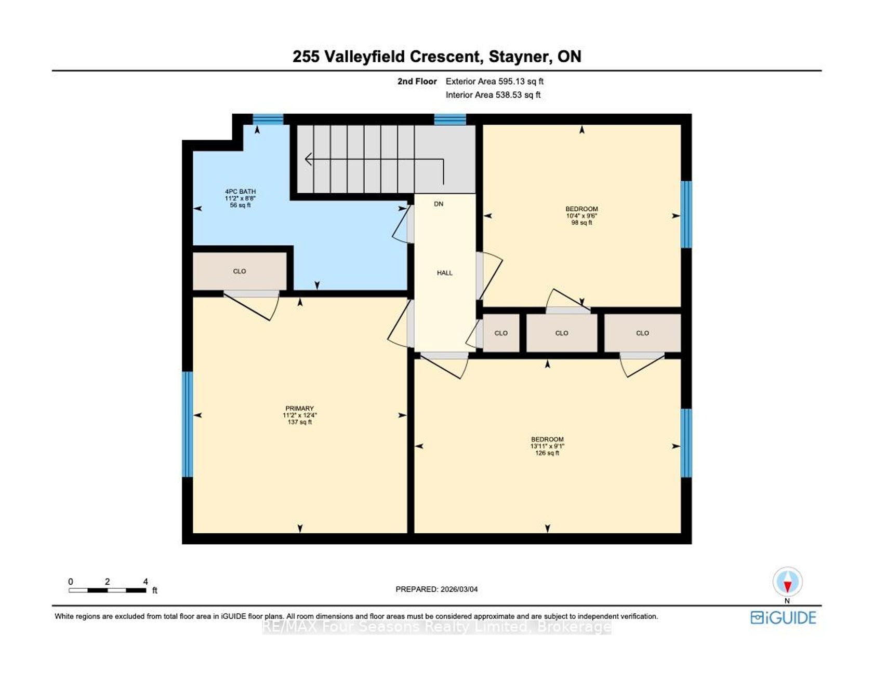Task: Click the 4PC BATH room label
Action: click(240, 192)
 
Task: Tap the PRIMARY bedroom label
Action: click(299, 408)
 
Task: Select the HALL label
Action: click(444, 273)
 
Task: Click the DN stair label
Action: click(439, 204)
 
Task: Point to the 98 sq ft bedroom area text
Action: click(581, 223)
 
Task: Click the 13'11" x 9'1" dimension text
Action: click(547, 446)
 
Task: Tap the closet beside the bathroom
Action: click(240, 271)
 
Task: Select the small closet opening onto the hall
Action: click(501, 333)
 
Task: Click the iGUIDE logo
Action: click(783, 617)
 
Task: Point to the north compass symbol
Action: click(787, 582)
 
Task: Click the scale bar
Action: click(107, 590)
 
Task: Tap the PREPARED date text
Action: click(437, 589)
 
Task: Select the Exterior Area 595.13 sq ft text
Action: click(495, 82)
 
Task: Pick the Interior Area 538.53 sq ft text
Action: click(493, 95)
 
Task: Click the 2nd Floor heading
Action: click(417, 82)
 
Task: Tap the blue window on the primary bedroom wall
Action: click(187, 424)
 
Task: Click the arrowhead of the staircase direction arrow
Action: click(308, 159)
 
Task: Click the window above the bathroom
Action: click(268, 119)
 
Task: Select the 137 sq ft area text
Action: click(299, 422)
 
